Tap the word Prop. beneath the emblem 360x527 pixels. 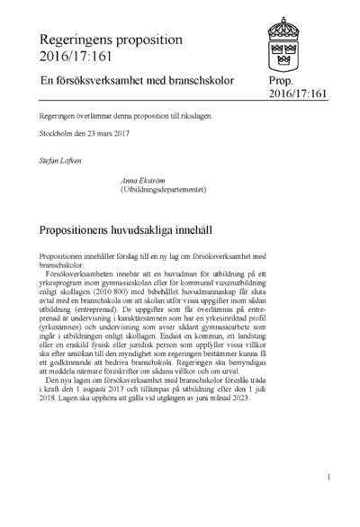coord(282,80)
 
